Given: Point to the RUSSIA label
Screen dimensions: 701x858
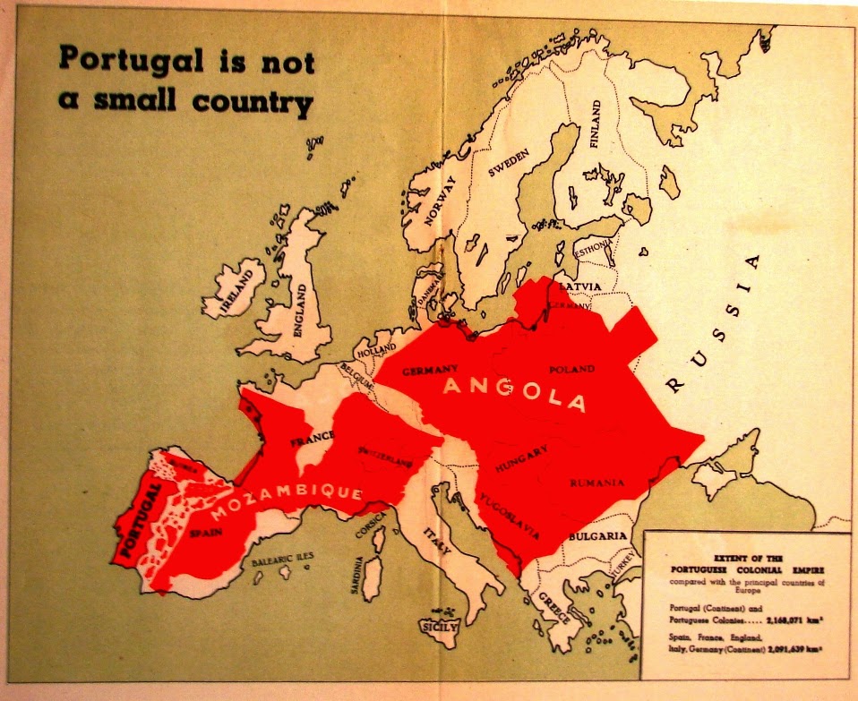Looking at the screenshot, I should (714, 323).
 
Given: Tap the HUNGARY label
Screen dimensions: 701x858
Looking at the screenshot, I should (515, 465).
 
